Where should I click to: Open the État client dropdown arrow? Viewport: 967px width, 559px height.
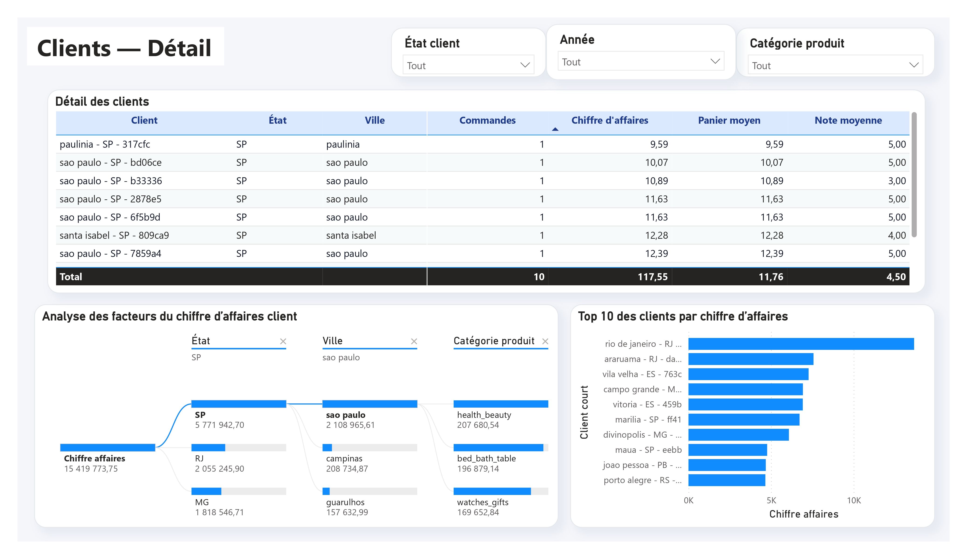[x=525, y=65]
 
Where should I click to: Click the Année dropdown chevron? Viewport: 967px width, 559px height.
[x=715, y=61]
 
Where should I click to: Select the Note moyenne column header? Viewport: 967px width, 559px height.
[x=848, y=120]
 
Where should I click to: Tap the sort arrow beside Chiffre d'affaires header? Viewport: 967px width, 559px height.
[x=555, y=129]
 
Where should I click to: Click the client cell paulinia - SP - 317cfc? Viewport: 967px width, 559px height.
[x=105, y=144]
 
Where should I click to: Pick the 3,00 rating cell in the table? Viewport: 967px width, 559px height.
[x=897, y=181]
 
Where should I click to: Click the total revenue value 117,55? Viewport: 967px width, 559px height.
[x=652, y=277]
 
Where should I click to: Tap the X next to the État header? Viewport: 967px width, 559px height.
[x=283, y=341]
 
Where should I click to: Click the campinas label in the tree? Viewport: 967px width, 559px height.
[x=344, y=458]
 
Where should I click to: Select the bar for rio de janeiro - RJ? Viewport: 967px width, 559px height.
[x=801, y=344]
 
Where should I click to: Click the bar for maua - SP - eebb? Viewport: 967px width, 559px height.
[x=727, y=450]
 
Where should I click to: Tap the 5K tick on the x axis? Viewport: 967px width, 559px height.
[x=771, y=500]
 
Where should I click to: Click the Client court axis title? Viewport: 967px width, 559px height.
[x=584, y=412]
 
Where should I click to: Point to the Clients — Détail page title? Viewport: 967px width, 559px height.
[x=124, y=48]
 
